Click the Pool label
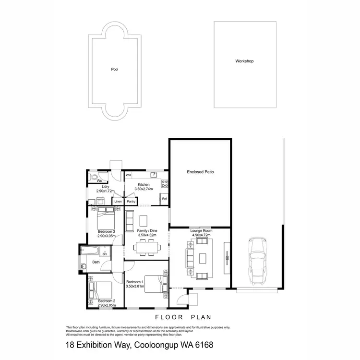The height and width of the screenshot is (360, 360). tap(115, 69)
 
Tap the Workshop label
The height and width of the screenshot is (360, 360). tap(244, 61)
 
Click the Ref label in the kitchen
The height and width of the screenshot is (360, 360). tap(164, 198)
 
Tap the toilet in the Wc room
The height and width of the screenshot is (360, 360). tap(94, 178)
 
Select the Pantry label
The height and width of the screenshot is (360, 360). tap(131, 202)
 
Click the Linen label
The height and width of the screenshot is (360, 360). tap(118, 202)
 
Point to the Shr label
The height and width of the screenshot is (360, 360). tap(104, 254)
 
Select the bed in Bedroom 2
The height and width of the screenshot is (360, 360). tap(100, 290)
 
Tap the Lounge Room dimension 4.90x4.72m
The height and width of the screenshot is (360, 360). tap(201, 235)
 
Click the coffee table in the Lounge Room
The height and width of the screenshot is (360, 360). tap(202, 259)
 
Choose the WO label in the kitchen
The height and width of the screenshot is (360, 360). tap(128, 175)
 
